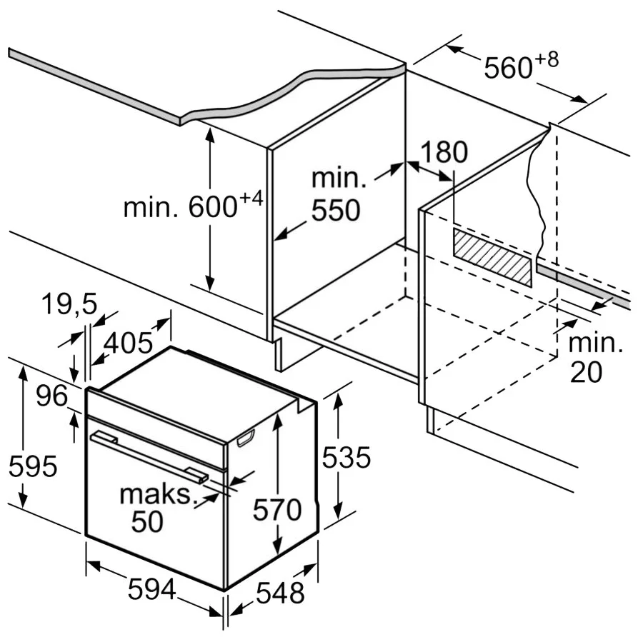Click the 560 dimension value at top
[x=508, y=69]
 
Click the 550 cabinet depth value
[x=336, y=211]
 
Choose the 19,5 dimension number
[x=69, y=305]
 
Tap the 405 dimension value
[x=128, y=343]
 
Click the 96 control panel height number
[x=52, y=396]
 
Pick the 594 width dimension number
[x=151, y=590]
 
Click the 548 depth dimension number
[x=280, y=593]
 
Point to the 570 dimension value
[x=278, y=510]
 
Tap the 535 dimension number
[x=347, y=458]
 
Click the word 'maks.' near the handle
[x=157, y=494]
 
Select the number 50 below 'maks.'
[x=147, y=522]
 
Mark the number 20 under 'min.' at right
[x=586, y=372]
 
